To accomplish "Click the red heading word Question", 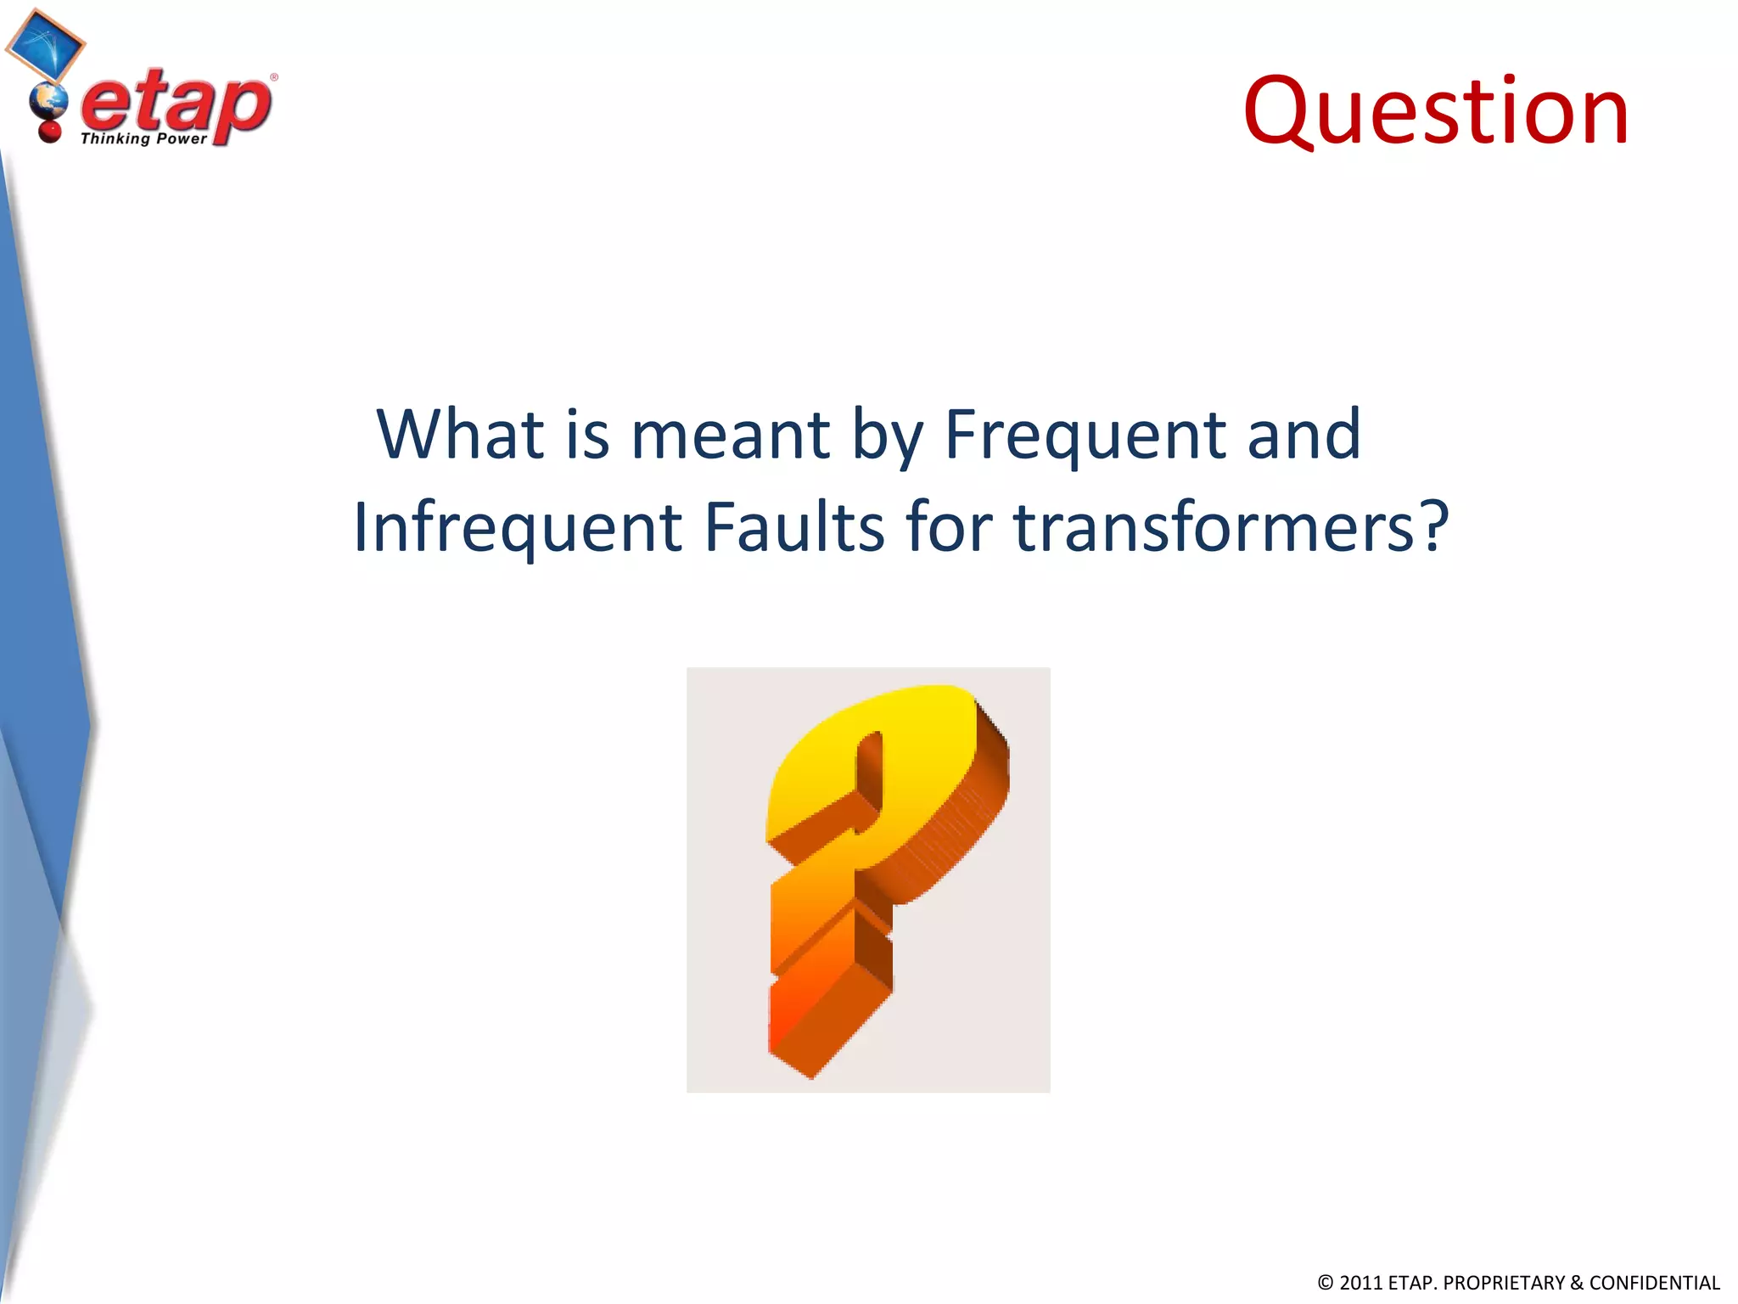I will (x=1436, y=113).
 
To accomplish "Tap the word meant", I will (x=730, y=436).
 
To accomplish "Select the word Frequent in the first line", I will (x=1085, y=436).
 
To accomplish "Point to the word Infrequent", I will (x=518, y=528).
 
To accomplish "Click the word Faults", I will (x=794, y=528).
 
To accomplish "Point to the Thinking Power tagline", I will (x=143, y=138).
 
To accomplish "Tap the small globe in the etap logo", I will (x=48, y=104).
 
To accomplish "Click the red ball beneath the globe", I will (x=49, y=132).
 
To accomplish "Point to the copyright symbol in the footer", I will (x=1326, y=1283).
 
